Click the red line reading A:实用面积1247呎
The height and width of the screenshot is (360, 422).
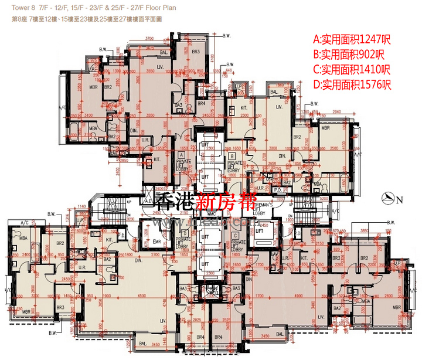[352, 40]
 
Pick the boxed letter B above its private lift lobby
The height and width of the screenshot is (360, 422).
[233, 157]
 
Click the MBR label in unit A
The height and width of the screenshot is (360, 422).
[93, 87]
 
